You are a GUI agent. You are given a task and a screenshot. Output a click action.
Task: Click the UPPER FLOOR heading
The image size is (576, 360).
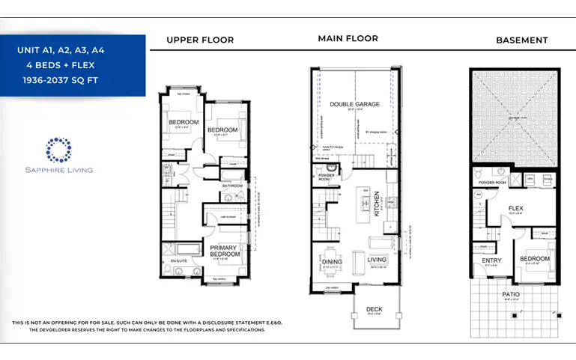tap(200, 40)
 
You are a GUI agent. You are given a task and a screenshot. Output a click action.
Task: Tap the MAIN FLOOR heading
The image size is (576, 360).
tap(348, 38)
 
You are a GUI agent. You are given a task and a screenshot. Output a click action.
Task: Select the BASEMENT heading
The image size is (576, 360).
tap(521, 40)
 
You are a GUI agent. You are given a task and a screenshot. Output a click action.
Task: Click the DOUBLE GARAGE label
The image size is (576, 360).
tap(354, 104)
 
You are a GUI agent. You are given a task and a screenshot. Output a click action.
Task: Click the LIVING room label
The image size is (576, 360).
tap(377, 260)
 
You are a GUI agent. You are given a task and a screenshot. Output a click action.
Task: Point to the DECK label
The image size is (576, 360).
tap(374, 308)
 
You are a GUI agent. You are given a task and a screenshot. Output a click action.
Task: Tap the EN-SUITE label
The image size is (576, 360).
tap(178, 260)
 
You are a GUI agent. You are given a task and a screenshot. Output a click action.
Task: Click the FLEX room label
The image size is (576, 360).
tap(515, 209)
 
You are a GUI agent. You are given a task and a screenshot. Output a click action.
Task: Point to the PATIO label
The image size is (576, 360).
tap(510, 294)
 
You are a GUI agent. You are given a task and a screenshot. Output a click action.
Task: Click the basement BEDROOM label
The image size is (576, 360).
tap(535, 259)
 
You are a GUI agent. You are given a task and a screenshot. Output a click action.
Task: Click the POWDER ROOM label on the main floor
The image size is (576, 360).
tap(326, 177)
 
